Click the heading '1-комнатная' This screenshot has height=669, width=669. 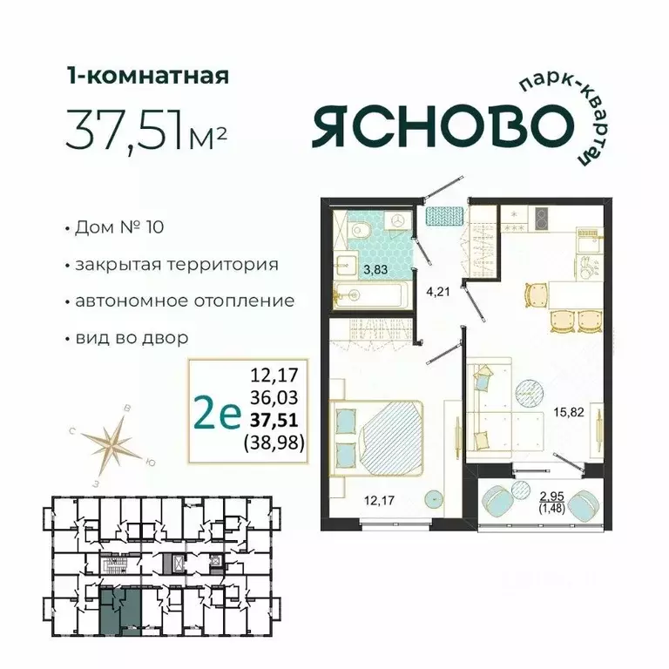click(x=147, y=76)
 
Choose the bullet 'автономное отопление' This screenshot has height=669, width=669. click(x=184, y=301)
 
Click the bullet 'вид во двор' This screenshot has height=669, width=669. click(x=132, y=336)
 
